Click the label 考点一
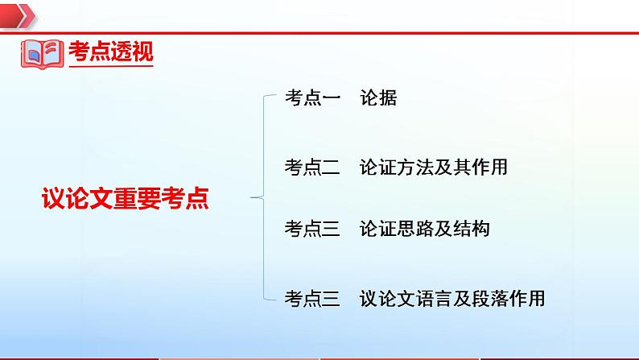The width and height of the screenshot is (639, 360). click(312, 100)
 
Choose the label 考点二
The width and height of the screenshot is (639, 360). click(312, 168)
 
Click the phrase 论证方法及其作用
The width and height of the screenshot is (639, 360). click(435, 168)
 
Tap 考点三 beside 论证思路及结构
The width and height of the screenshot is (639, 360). click(312, 230)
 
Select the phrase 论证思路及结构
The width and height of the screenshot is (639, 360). click(425, 230)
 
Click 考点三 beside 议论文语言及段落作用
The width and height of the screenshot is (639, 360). click(312, 299)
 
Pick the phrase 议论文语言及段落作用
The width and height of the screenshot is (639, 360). click(453, 299)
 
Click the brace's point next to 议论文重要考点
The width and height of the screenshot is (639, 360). click(254, 196)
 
